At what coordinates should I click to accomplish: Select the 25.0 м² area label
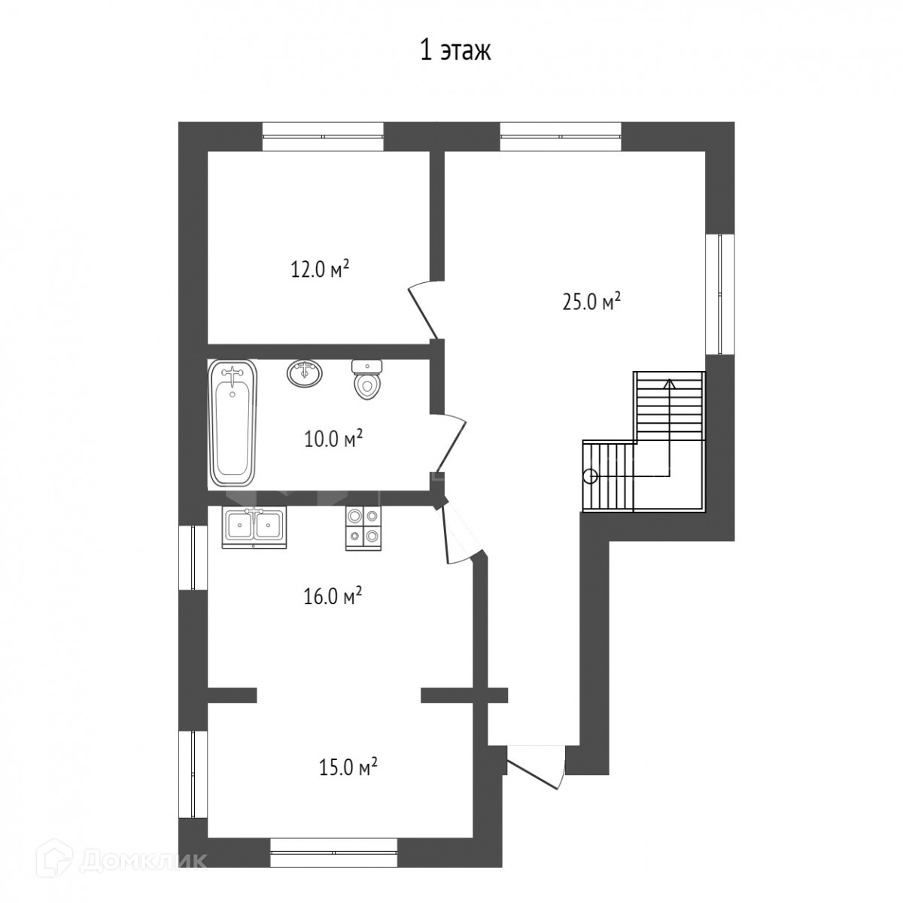pos(591,302)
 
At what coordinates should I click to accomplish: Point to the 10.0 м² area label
pos(333,439)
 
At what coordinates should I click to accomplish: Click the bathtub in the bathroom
pos(233,423)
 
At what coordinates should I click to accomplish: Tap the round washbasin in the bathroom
pos(305,373)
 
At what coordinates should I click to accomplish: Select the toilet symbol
pos(366,379)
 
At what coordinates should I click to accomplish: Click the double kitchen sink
pos(254,528)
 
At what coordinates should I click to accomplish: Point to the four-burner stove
pos(364,529)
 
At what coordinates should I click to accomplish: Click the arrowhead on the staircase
pos(670,384)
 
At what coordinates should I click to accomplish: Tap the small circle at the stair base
pos(591,478)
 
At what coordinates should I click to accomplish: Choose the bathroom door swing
pos(451,443)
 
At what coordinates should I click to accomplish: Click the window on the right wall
pos(720,293)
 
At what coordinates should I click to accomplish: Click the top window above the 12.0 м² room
pos(322,136)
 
